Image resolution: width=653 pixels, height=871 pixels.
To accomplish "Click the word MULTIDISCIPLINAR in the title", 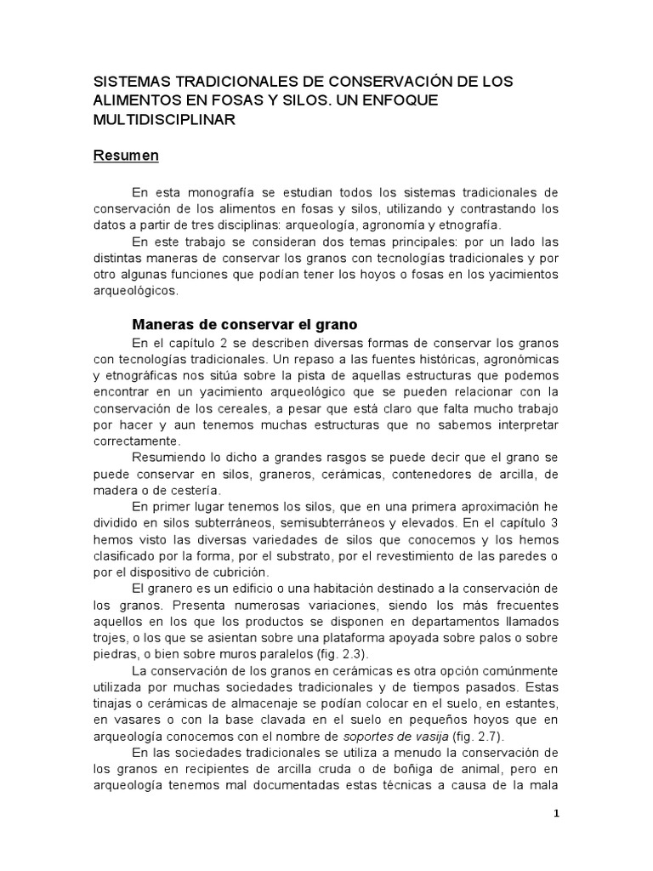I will click(x=164, y=120).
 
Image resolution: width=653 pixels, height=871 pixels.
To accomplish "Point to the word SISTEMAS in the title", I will click(x=130, y=83).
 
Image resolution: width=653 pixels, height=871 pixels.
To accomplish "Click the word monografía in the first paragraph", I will click(x=210, y=195).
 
